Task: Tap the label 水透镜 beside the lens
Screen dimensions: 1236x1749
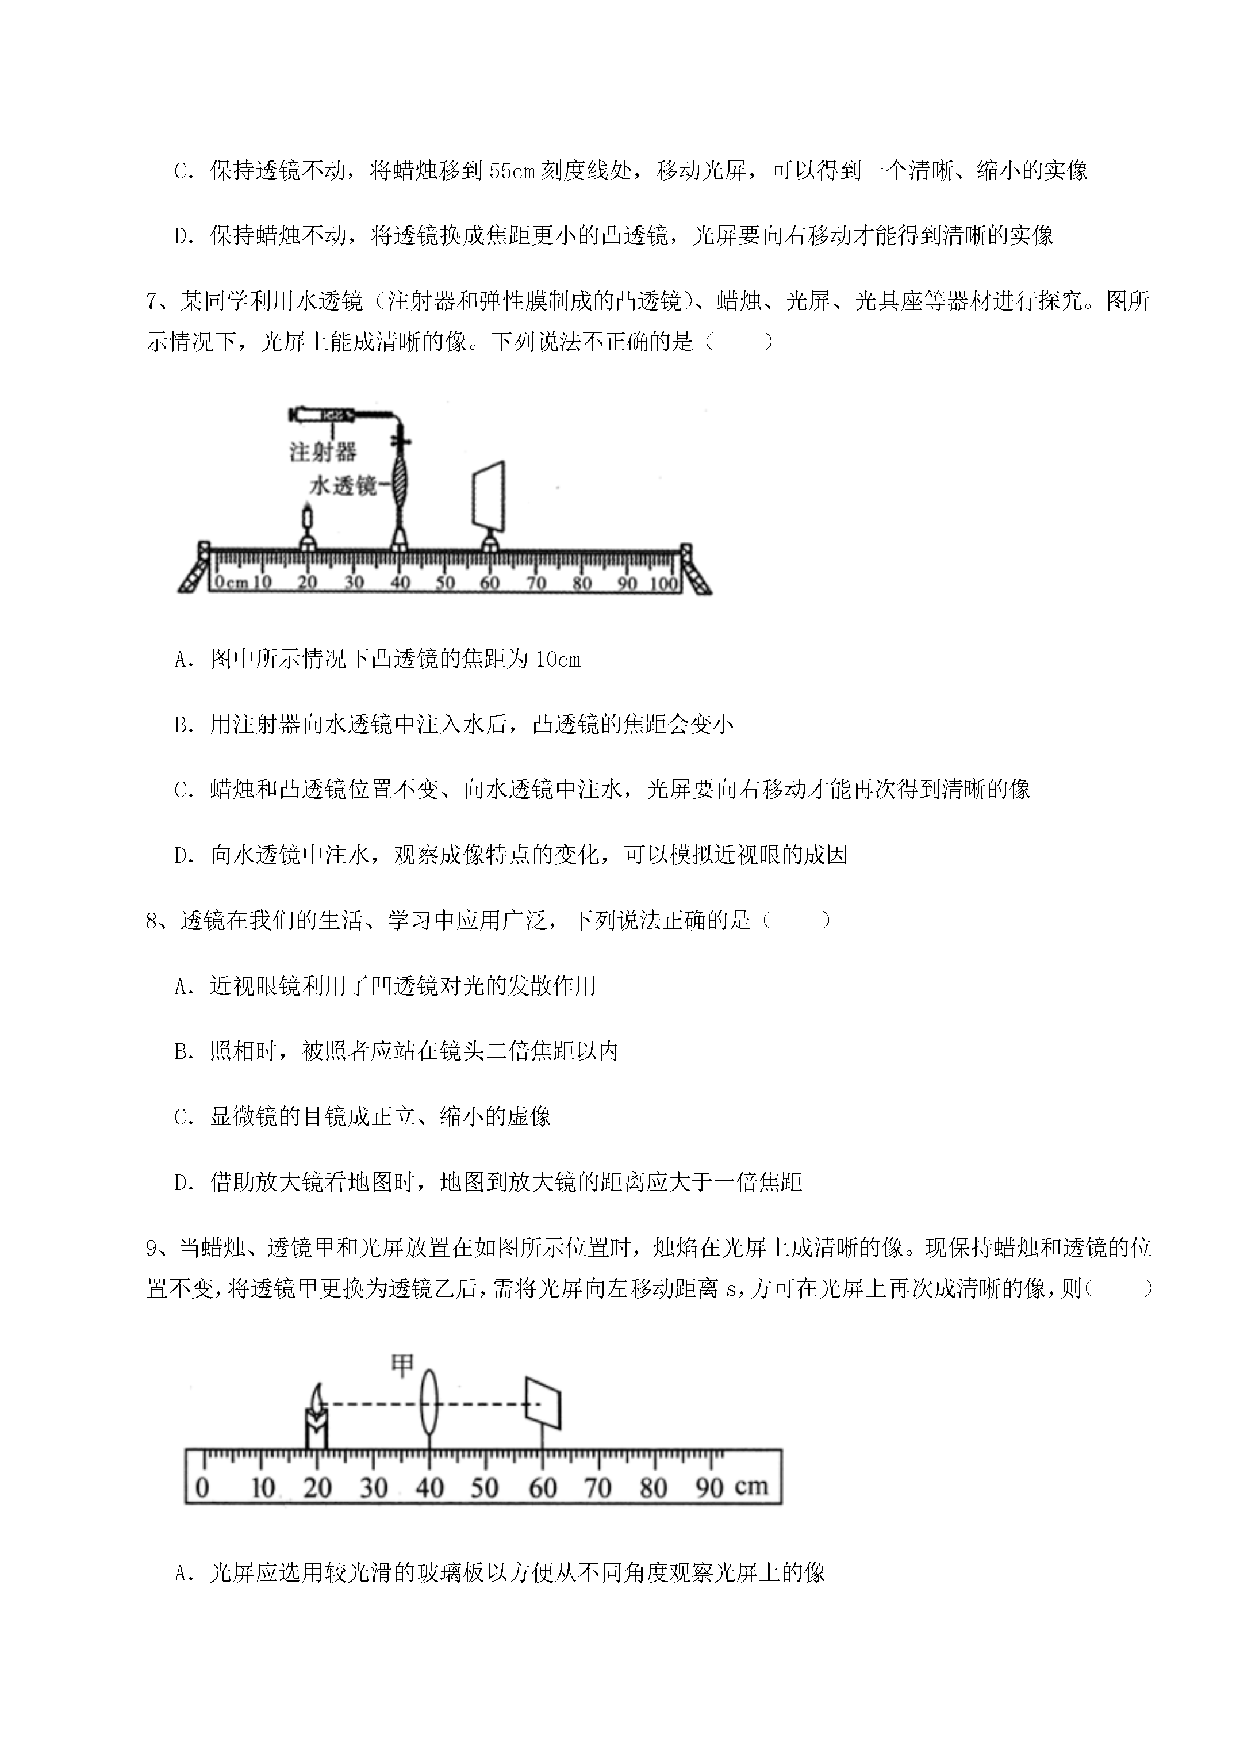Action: click(343, 485)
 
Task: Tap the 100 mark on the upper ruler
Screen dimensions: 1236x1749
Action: click(664, 584)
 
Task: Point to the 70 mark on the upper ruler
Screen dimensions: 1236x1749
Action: click(536, 584)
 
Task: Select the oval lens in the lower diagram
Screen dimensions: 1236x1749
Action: click(430, 1403)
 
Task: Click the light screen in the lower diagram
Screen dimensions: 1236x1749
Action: click(543, 1402)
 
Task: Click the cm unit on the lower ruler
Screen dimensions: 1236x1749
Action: click(751, 1487)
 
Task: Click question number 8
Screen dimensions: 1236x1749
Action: click(155, 921)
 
